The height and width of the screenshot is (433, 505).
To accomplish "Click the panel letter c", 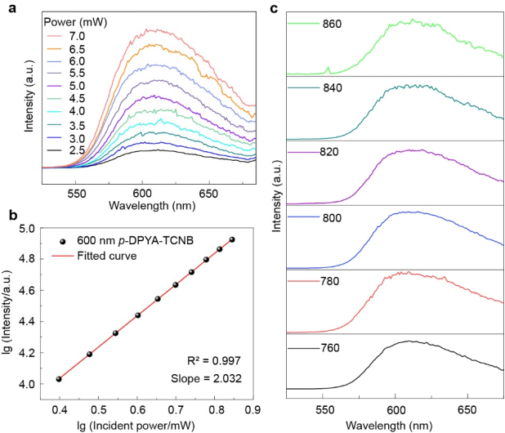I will (x=274, y=9).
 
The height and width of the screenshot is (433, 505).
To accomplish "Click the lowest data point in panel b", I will (x=59, y=379).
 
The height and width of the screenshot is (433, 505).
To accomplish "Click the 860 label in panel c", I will (x=331, y=24).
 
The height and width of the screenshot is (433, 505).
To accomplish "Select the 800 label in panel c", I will (x=331, y=219).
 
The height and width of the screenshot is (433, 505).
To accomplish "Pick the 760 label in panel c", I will (x=331, y=350).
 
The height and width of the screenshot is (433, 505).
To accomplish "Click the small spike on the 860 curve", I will (x=328, y=69).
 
